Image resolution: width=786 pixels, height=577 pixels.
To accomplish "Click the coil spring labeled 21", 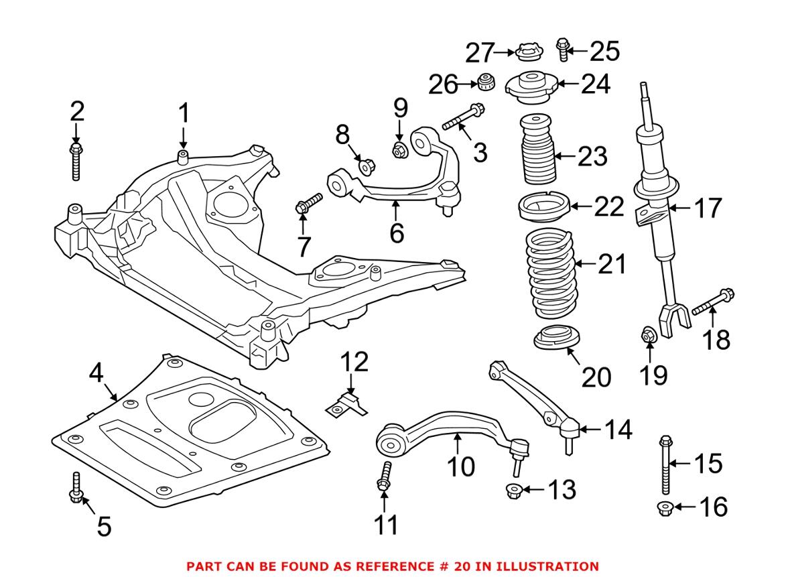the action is pos(551,273).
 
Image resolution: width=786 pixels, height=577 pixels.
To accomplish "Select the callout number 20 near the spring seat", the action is pos(596,377).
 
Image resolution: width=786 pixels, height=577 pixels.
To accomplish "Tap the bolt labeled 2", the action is pos(76,162).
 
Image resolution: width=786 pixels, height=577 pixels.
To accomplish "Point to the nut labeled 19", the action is pos(648,335).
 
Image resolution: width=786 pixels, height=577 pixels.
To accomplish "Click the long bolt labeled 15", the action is pos(665,464).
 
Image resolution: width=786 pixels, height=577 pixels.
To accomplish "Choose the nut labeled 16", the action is pos(665,509).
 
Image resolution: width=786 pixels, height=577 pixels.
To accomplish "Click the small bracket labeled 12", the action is pos(347,405).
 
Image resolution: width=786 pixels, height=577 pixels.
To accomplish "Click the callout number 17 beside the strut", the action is pos(708,208).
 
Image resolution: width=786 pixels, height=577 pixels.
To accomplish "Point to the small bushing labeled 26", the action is pos(485,82).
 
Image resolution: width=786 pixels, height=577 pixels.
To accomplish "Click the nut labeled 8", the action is pos(367,166).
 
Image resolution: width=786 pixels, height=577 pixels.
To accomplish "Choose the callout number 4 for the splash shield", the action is pos(96,373).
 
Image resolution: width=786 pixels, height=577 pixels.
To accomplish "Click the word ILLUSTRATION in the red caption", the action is pos(547,566).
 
